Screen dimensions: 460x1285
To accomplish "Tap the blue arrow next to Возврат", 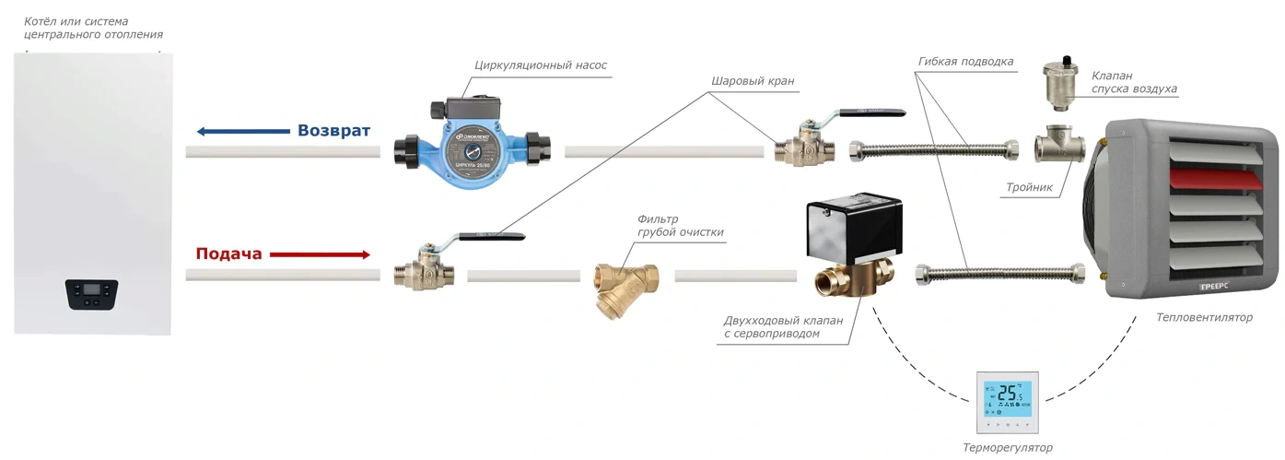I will pos(242,131).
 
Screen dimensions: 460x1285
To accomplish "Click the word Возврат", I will pos(333,131).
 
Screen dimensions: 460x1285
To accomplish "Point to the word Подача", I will pos(228,254).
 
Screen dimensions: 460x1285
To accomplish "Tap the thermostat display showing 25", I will pos(1007,397).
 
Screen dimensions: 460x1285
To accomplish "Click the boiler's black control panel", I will pos(91,294).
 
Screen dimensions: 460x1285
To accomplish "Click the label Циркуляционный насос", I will pos(541,65).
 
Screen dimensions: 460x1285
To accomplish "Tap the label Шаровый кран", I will pos(752,81).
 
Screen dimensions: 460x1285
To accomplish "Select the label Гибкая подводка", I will pos(965,62).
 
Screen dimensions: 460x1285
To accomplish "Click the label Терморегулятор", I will pos(1007,448).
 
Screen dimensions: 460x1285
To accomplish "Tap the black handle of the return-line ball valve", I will pos(869,113).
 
